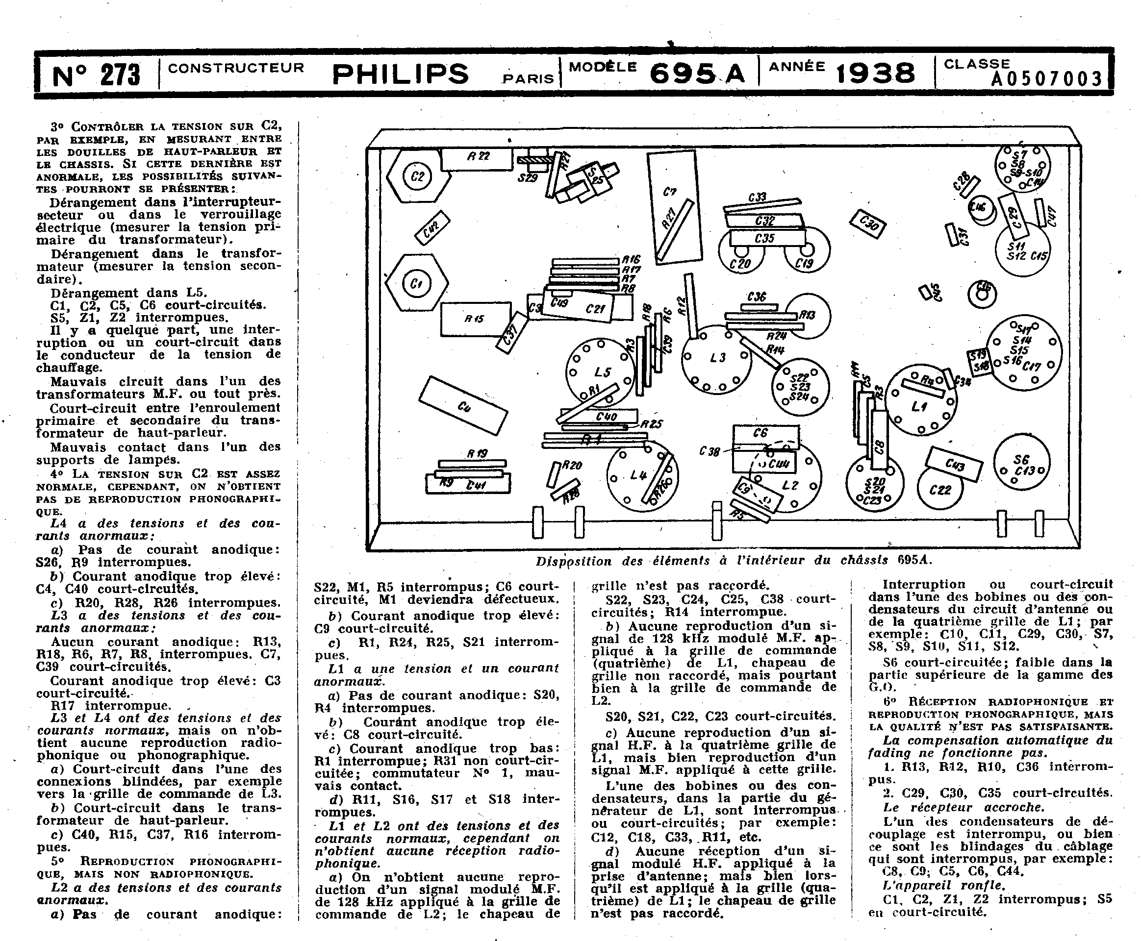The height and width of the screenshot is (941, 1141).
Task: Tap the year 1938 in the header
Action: click(x=875, y=74)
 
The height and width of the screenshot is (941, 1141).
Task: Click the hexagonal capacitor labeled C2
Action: click(x=418, y=176)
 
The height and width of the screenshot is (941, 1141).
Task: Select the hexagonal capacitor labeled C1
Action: click(x=416, y=283)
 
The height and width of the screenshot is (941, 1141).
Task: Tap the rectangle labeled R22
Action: click(x=477, y=158)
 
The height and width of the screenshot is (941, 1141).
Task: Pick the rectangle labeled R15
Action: click(x=475, y=319)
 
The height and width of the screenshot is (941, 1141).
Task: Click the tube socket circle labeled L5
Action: click(x=600, y=373)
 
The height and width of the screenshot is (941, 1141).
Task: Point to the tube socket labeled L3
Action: click(x=716, y=358)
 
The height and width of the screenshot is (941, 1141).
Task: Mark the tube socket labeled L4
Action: click(x=640, y=476)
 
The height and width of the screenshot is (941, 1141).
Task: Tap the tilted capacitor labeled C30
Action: click(x=868, y=223)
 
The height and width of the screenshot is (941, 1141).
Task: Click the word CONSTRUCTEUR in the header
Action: click(x=236, y=68)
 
